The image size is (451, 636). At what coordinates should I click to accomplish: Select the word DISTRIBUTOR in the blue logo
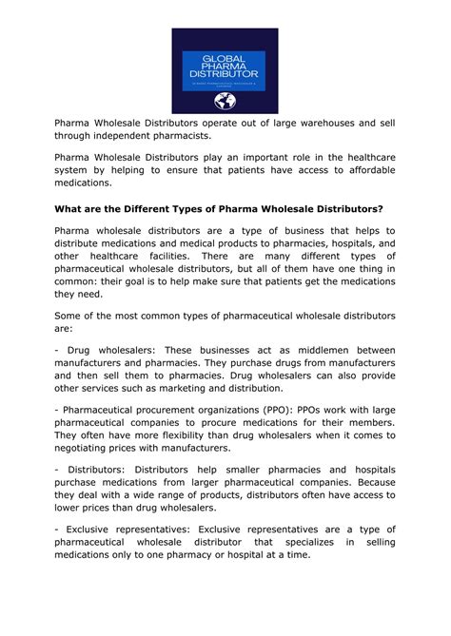pyautogui.click(x=225, y=74)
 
